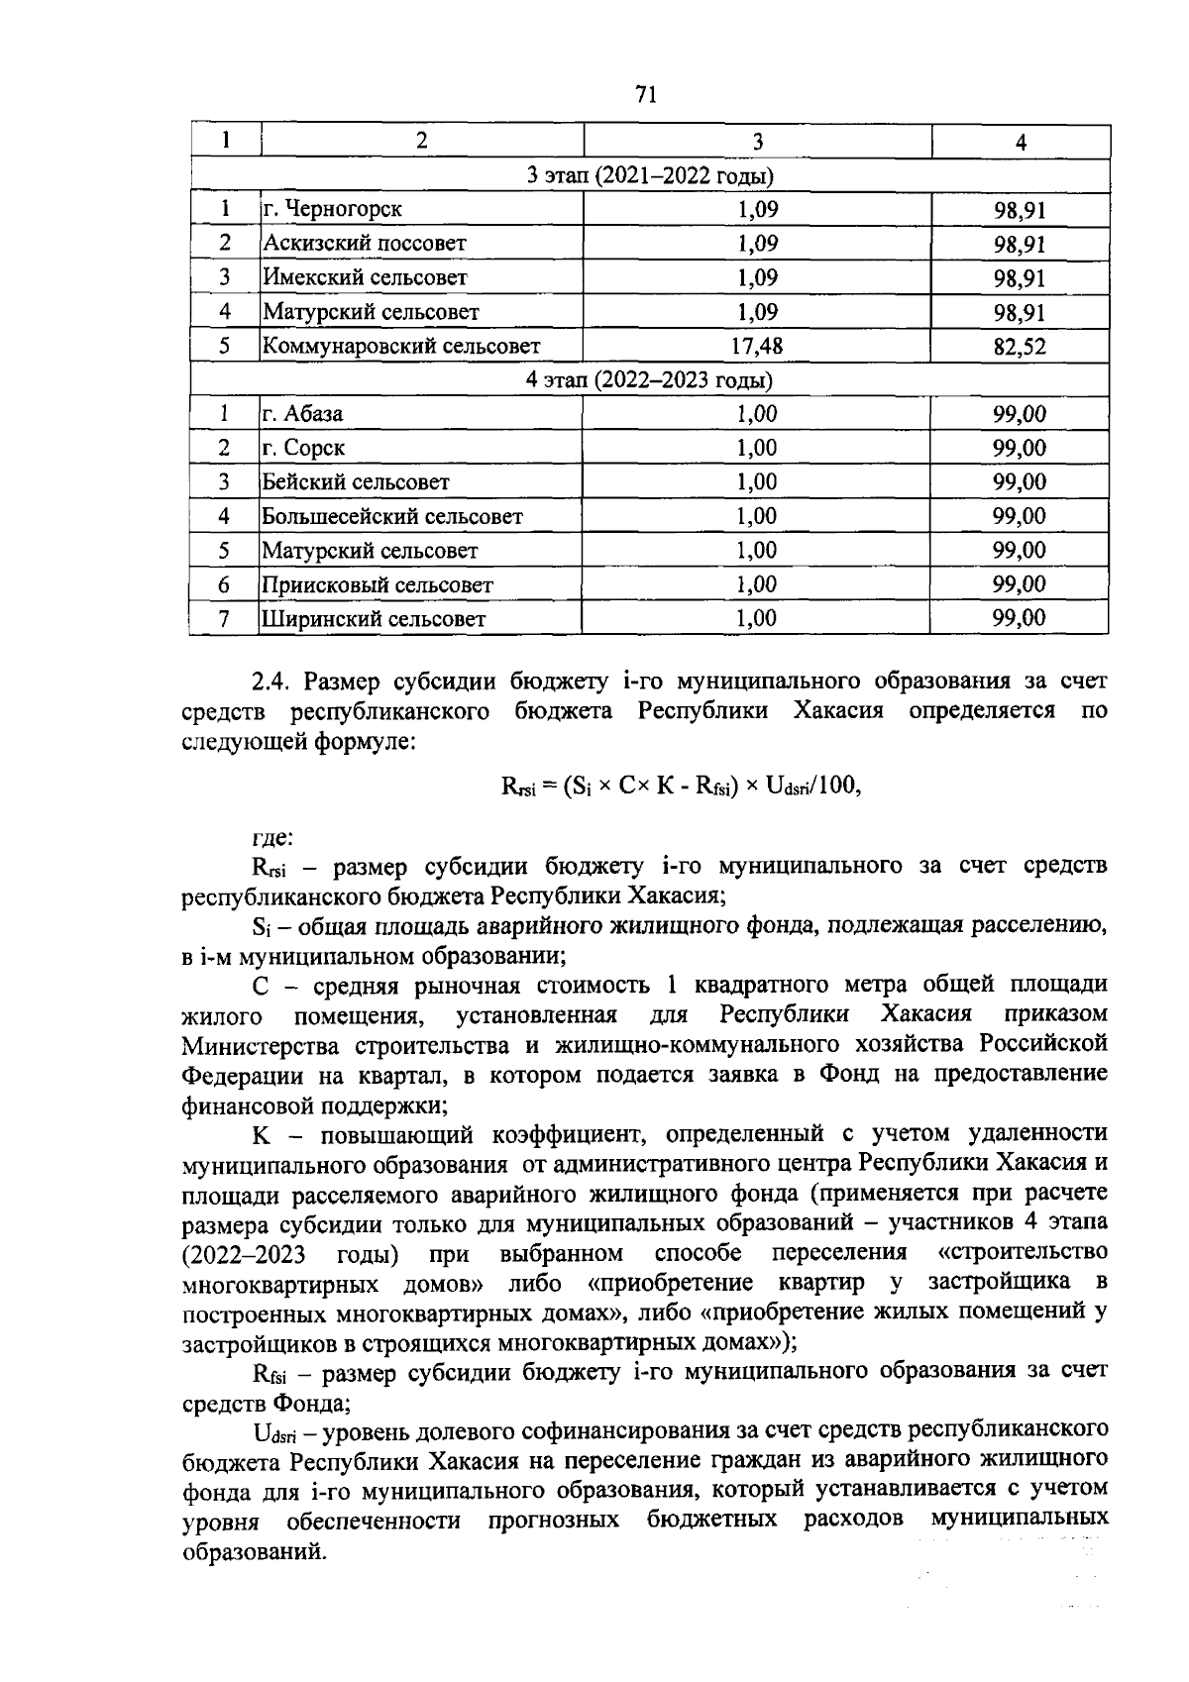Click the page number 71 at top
click(x=645, y=95)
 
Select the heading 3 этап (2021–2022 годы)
click(x=649, y=176)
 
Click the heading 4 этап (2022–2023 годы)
click(x=649, y=380)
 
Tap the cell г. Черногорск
click(x=333, y=209)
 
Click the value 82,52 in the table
click(x=1020, y=347)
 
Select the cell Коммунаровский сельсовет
click(x=401, y=346)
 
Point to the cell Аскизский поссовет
click(x=364, y=244)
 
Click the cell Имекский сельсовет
click(x=365, y=278)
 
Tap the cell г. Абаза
click(x=303, y=414)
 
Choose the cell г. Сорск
click(x=304, y=448)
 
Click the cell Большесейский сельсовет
click(x=392, y=516)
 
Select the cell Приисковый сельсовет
click(x=378, y=584)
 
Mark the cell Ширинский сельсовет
click(x=374, y=619)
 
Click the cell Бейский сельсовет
click(x=356, y=482)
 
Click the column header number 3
click(x=757, y=142)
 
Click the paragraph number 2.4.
click(x=270, y=682)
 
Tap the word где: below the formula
click(x=272, y=838)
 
